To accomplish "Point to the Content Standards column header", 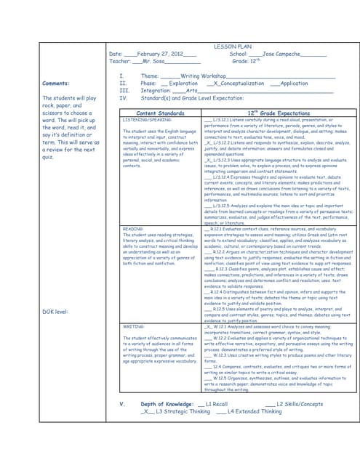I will pos(161,113).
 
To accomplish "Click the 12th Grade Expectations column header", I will pos(279,113).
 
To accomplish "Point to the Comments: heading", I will pos(57,83).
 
